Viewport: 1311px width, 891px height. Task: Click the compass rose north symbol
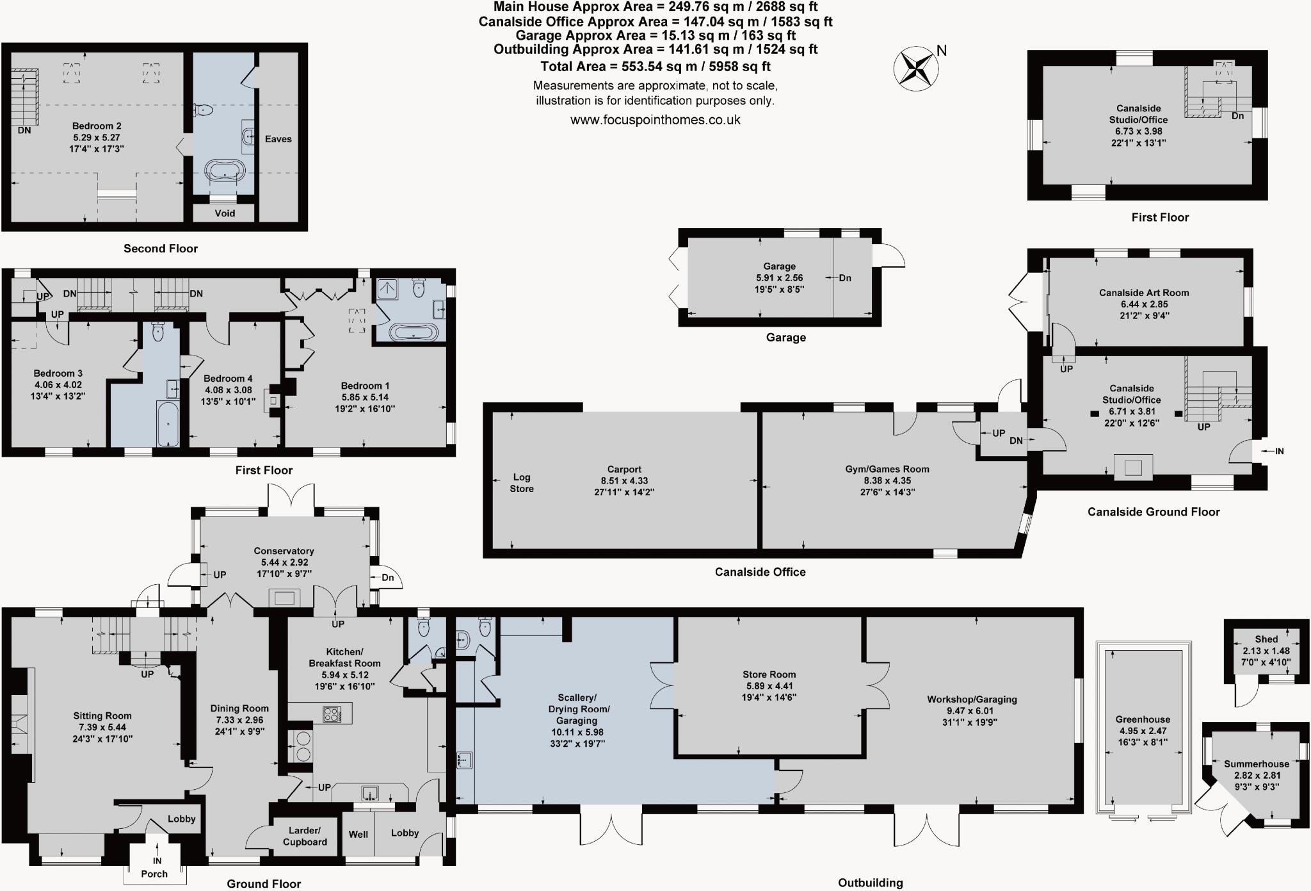pos(916,67)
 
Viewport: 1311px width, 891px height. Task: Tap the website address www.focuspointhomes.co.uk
pos(655,120)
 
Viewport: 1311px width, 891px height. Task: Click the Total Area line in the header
pos(655,67)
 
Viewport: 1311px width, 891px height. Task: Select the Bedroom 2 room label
pos(97,126)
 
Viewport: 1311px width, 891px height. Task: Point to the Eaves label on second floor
pos(278,139)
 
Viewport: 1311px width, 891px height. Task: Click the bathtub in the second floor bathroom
pos(224,172)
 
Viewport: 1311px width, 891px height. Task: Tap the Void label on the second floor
pos(225,213)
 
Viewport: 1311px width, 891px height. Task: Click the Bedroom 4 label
pos(228,379)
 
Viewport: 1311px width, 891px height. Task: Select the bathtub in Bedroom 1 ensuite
pos(414,332)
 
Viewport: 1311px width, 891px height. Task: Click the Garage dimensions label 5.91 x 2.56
pos(779,278)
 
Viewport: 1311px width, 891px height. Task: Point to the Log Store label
pos(522,482)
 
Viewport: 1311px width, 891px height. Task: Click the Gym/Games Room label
pos(887,469)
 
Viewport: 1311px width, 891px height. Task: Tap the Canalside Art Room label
pos(1144,293)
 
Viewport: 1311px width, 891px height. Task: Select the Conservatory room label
pos(284,551)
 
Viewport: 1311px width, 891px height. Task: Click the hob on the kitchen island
pos(332,714)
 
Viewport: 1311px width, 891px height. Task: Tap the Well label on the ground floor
pos(358,834)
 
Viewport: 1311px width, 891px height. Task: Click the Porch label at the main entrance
pos(154,874)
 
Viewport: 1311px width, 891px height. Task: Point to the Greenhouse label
pos(1143,719)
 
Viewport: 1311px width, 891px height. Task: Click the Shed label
pos(1266,639)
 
